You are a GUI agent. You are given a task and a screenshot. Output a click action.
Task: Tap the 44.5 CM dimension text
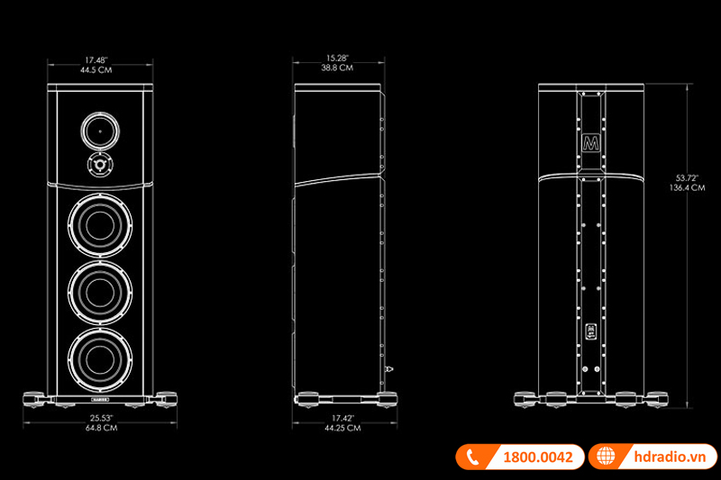pos(100,69)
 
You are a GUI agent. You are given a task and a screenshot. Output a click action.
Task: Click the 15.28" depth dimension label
pos(339,58)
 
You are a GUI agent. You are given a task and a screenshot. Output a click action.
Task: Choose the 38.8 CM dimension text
pos(339,67)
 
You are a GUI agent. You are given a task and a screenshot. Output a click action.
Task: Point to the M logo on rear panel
pos(590,144)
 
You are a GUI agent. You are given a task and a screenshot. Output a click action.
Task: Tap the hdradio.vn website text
pos(663,457)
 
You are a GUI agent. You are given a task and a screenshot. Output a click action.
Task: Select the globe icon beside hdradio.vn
pos(606,457)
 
